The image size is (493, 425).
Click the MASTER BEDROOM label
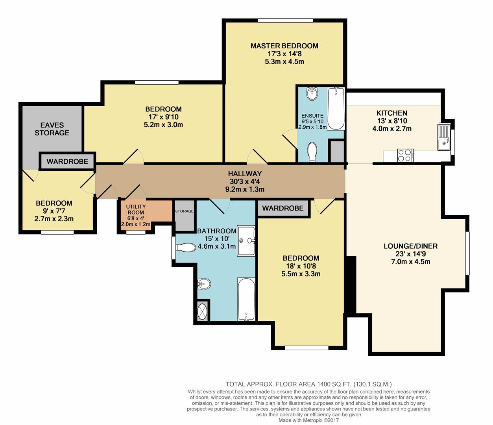coord(284,46)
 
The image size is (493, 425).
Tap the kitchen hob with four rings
coord(405,155)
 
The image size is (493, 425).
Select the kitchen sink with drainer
coord(444,137)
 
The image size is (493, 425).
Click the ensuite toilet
coord(312,152)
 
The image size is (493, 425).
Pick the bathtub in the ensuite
coord(336,109)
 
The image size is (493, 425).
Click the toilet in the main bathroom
coord(185,247)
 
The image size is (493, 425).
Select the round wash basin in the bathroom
coord(204,284)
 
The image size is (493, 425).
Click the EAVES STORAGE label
coord(52,129)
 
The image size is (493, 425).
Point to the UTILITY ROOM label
coord(136,209)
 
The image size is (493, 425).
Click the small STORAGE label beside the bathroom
coord(185,211)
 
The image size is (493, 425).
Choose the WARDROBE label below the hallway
coord(283,208)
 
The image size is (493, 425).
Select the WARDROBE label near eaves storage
coord(67,161)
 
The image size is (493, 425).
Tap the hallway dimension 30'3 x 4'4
coord(245,181)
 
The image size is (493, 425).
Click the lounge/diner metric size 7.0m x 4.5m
coord(411,262)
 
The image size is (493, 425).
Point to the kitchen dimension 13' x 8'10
coord(392,121)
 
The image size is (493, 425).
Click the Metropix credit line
coord(308,420)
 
